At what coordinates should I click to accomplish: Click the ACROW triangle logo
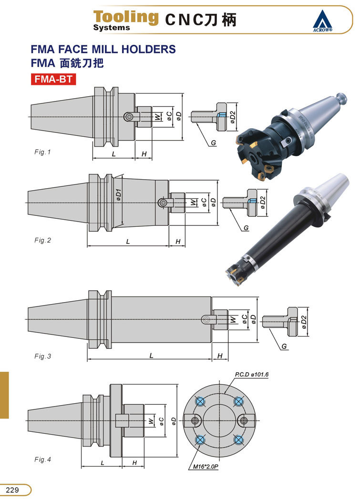point(322,21)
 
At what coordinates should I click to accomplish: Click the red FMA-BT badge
point(53,79)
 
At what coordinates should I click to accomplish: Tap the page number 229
point(12,490)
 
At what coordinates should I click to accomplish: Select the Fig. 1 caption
point(42,152)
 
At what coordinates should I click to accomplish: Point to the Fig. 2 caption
point(42,240)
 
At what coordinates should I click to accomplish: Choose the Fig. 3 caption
point(42,356)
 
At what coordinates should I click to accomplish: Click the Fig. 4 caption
point(42,459)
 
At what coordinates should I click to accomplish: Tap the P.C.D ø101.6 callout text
point(251,375)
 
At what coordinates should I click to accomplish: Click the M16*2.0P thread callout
point(206,467)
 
